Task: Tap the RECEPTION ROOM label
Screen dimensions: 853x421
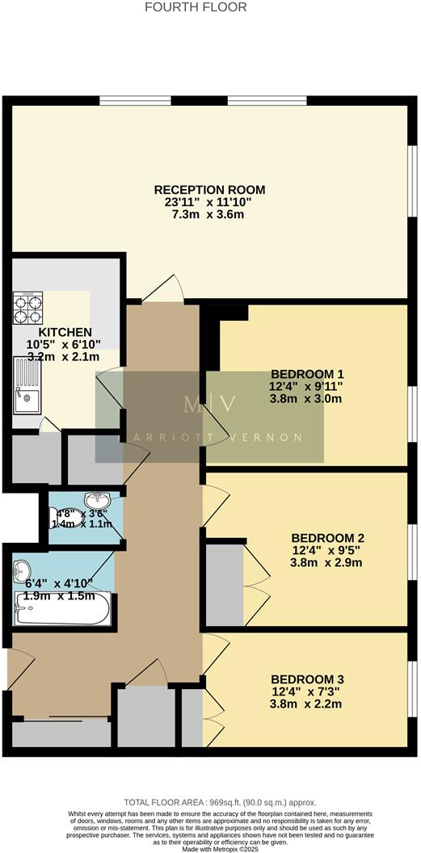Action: (209, 190)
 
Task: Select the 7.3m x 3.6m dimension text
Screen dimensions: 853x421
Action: (209, 214)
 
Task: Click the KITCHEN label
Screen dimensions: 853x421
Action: (65, 332)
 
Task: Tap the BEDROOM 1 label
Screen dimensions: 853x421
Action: (307, 374)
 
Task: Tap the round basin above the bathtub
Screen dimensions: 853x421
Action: (22, 569)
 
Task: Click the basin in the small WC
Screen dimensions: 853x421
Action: (95, 498)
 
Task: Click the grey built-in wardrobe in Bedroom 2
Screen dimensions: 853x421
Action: (224, 584)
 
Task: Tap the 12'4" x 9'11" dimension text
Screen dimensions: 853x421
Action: (307, 386)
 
